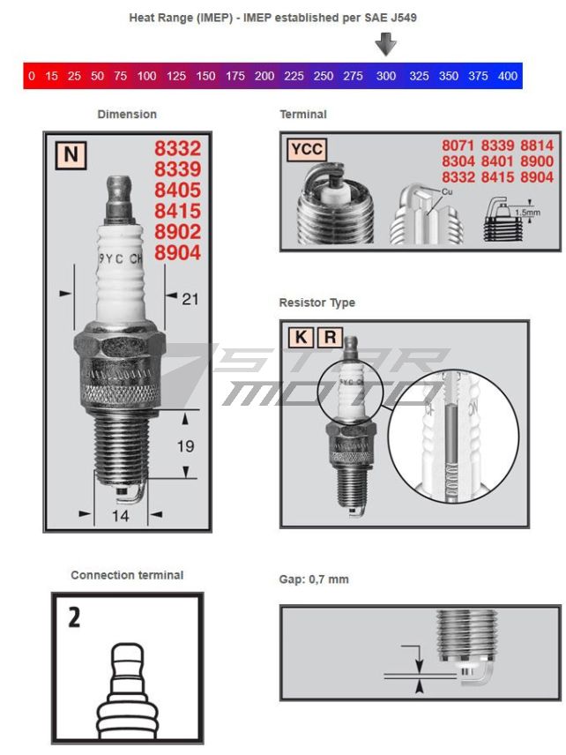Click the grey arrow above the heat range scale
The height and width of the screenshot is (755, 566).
[x=385, y=44]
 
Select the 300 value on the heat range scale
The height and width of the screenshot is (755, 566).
[x=386, y=76]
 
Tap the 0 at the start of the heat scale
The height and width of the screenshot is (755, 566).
[x=32, y=76]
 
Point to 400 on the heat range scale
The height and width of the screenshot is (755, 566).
[x=508, y=76]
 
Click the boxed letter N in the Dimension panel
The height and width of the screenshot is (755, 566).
[x=71, y=156]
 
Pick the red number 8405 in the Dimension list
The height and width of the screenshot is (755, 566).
[x=177, y=190]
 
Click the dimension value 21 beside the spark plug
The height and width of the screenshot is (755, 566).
[x=190, y=299]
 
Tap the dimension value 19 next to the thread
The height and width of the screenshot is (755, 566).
[x=185, y=446]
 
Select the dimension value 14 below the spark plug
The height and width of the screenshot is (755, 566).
[x=121, y=515]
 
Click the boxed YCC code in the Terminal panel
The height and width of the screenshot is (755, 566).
[x=306, y=150]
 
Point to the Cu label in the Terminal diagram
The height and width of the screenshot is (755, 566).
[x=447, y=191]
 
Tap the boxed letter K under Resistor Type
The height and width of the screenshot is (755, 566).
[x=301, y=337]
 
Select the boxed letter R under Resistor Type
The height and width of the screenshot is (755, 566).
[x=330, y=337]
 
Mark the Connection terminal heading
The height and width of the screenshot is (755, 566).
[x=127, y=575]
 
